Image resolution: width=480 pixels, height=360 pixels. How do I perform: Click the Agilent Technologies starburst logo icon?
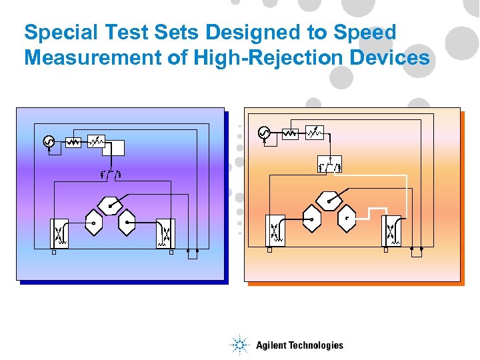tap(240, 345)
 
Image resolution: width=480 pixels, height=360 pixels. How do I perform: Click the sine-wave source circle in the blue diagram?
tap(49, 141)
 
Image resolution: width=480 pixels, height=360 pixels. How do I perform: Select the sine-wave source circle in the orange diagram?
tap(264, 133)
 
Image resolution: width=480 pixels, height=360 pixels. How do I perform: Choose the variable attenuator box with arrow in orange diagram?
tap(315, 133)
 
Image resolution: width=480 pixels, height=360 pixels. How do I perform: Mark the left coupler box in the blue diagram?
tap(59, 233)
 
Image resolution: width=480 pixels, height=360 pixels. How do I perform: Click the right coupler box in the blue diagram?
tap(165, 233)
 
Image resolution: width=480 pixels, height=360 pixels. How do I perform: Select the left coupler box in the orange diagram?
tap(275, 230)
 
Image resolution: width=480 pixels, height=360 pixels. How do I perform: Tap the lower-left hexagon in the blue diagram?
tap(93, 223)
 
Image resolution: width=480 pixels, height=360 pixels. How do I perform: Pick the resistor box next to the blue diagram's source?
tap(73, 141)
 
